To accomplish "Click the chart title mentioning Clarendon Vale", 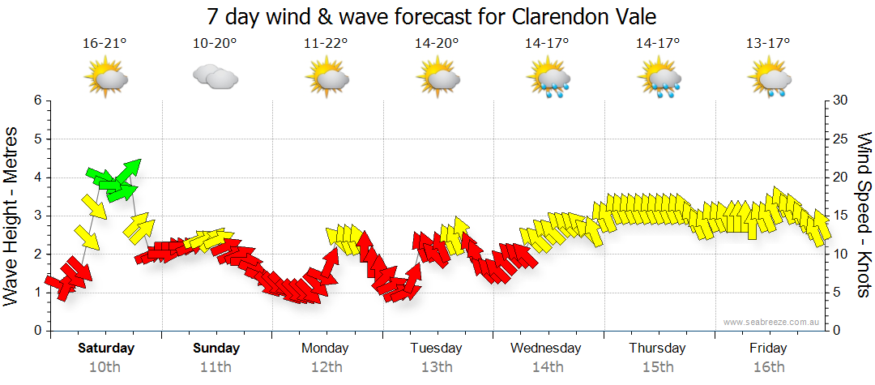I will coord(430,16).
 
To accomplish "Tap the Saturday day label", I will coord(106,349).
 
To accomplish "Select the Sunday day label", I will coord(216,349).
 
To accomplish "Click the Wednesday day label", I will coord(546,349).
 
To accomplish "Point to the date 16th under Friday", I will coord(768,367).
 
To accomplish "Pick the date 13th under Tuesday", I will coord(436,367).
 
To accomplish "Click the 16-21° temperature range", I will coord(105,44).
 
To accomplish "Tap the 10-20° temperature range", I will coord(215,44).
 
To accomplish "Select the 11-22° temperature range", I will coord(326,44).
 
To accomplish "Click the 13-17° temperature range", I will coord(768,44).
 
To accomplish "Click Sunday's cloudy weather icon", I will coord(215,78).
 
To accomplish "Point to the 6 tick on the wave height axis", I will coord(37,101).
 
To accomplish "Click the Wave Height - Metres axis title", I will coord(11,216).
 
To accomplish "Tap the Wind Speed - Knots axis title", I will coord(863,216).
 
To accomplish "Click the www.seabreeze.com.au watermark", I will coord(772,323).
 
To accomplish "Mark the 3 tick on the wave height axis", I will coord(37,216).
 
